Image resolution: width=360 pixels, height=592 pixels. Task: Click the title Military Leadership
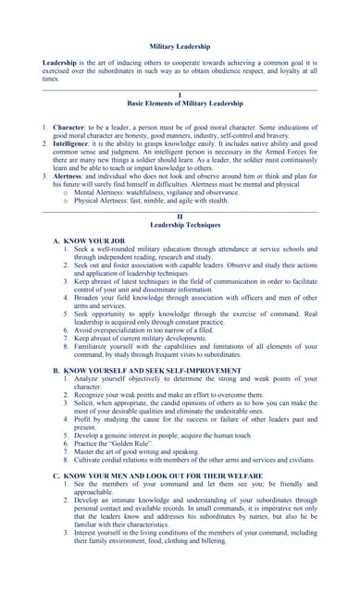tap(180, 46)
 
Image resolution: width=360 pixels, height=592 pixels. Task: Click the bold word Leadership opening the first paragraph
tap(60, 63)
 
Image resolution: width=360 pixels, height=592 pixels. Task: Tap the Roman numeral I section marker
tap(180, 95)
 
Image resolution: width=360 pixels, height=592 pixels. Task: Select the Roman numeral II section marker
tap(180, 216)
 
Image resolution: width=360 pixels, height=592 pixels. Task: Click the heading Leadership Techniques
tap(180, 225)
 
